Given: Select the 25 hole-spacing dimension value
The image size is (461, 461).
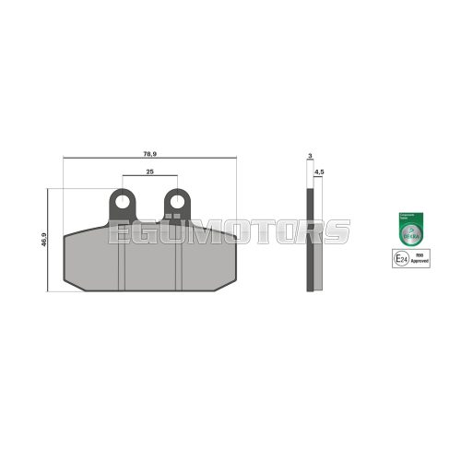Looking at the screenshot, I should [x=148, y=172].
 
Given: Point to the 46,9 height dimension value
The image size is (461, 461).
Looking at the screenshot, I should [x=42, y=241].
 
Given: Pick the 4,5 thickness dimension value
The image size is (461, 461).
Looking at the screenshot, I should [x=319, y=172].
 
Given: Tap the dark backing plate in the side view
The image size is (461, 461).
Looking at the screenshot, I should [x=311, y=240].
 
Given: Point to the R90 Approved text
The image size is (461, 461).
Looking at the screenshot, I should [x=420, y=261].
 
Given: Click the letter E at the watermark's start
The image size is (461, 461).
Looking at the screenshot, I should [x=117, y=231].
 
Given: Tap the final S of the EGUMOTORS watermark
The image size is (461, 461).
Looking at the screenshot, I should [x=340, y=231].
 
